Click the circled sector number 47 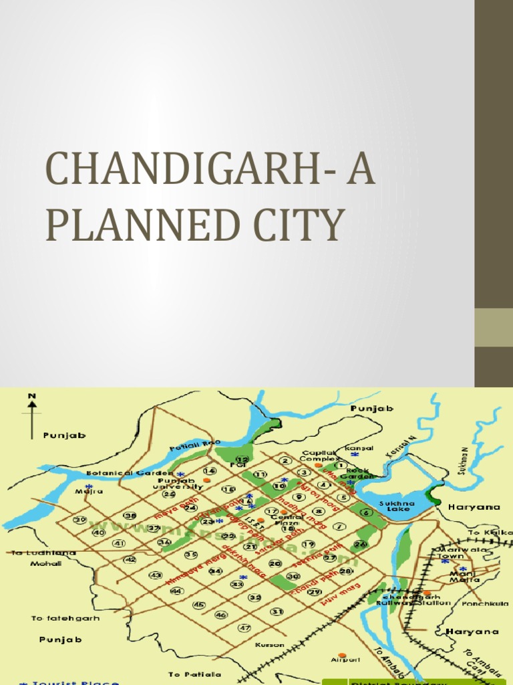click(x=244, y=627)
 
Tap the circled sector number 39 click(x=80, y=520)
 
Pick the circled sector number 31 click(x=277, y=611)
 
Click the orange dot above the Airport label click(x=342, y=655)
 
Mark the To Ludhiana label click(x=35, y=553)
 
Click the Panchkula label click(x=476, y=601)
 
